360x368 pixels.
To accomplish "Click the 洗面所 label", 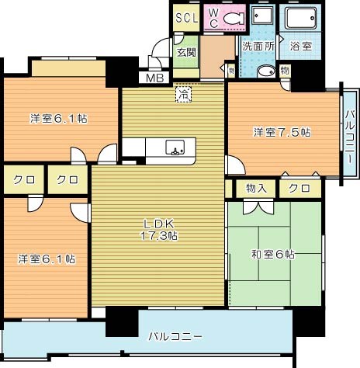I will pyautogui.click(x=258, y=47).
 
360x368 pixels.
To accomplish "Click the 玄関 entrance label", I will pyautogui.click(x=185, y=53).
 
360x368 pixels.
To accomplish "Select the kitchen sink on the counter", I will pyautogui.click(x=175, y=147).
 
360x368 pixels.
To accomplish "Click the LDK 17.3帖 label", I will pyautogui.click(x=160, y=230).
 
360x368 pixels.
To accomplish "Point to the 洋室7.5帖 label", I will pyautogui.click(x=282, y=133).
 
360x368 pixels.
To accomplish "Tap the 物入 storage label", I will pyautogui.click(x=257, y=188).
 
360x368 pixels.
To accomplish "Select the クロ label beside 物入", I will pyautogui.click(x=299, y=188).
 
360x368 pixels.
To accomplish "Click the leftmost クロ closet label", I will pyautogui.click(x=22, y=180).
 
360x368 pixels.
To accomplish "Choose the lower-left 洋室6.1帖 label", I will pyautogui.click(x=48, y=259).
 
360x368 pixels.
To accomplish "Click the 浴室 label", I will pyautogui.click(x=302, y=47).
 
